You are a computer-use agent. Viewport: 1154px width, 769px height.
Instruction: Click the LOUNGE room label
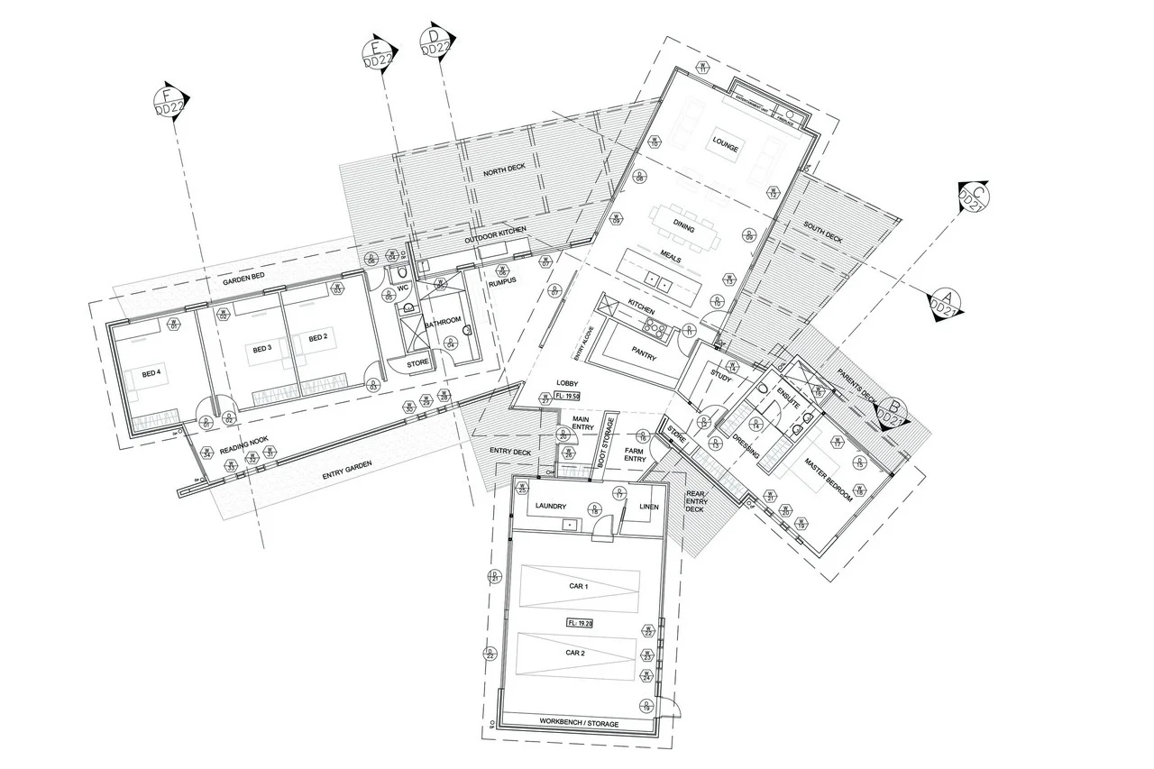726,145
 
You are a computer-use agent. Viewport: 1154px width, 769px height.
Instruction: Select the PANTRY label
644,357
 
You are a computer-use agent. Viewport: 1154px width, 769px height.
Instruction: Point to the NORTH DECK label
503,172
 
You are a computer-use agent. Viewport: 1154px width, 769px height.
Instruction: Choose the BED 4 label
151,374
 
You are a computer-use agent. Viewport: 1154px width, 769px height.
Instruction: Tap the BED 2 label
317,338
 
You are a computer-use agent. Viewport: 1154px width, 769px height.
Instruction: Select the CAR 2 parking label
576,651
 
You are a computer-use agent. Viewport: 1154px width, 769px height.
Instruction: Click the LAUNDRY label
549,508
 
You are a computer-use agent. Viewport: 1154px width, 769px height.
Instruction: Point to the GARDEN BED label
242,282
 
